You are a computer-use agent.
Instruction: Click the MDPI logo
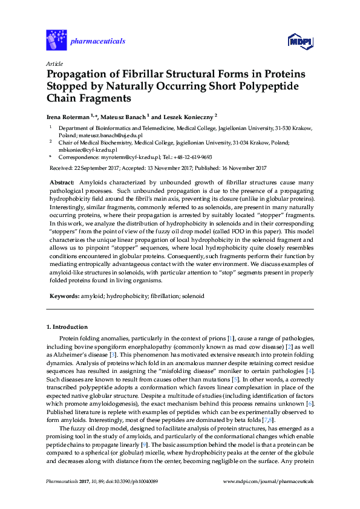[x=300, y=41]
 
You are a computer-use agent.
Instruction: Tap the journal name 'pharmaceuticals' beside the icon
[x=98, y=41]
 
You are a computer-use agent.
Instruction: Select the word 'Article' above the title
[x=54, y=63]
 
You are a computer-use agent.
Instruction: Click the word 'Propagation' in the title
[x=79, y=74]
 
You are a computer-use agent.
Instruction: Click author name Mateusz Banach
[x=121, y=116]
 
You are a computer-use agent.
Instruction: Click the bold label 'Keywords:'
[x=62, y=296]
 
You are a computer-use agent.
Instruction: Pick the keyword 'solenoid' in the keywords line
[x=192, y=296]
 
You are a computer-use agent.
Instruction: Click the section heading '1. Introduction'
[x=67, y=327]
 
